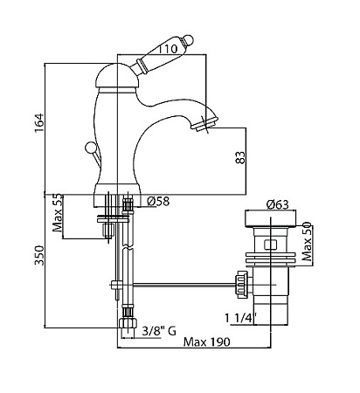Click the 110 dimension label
(168, 49)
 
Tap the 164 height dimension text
(39, 122)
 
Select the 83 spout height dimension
(240, 157)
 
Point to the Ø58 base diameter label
(158, 201)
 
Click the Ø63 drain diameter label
(277, 204)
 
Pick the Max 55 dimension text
(58, 212)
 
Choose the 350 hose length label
(39, 255)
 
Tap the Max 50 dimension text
(307, 241)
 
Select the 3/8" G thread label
(159, 331)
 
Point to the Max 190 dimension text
(206, 341)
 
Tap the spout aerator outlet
(204, 123)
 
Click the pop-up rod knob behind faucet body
(90, 148)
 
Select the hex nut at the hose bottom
(128, 323)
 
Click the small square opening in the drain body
(270, 245)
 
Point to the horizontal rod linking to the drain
(183, 284)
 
